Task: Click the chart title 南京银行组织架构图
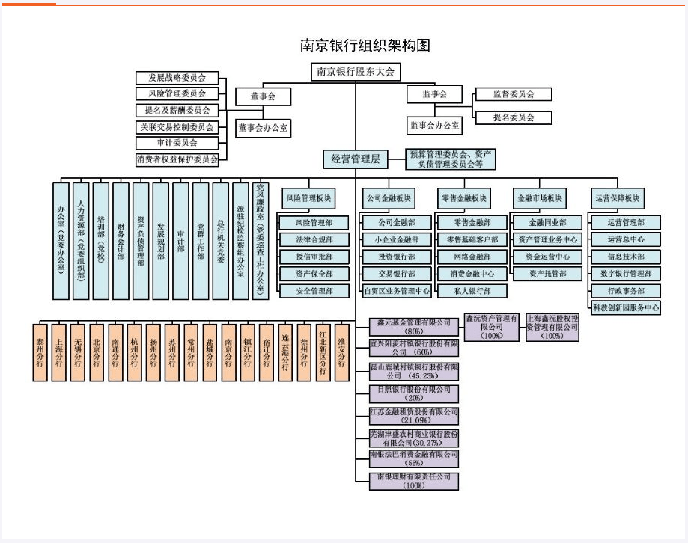365,46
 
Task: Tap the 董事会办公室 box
264,129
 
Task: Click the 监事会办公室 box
434,125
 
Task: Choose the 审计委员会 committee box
177,142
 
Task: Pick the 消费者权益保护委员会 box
177,159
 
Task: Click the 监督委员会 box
513,94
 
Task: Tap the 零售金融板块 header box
464,199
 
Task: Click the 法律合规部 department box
314,239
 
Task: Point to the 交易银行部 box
395,274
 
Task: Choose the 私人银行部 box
472,291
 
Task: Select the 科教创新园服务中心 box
625,307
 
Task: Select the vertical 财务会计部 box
121,240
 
